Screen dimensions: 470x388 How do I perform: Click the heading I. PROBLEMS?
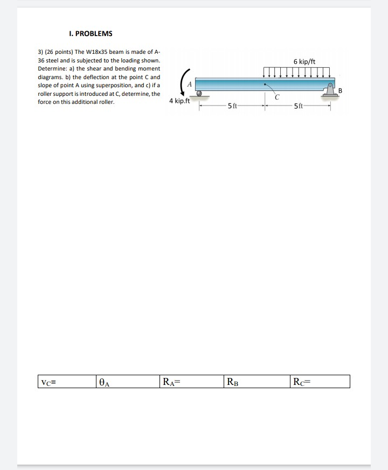click(91, 33)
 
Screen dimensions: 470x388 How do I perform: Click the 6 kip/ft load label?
click(304, 61)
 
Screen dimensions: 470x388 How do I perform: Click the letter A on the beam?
click(189, 84)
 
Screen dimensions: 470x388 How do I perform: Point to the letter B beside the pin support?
click(340, 90)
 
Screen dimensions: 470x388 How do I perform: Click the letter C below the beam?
click(276, 97)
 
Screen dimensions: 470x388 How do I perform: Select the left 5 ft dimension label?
click(232, 106)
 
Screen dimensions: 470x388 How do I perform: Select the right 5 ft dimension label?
click(299, 106)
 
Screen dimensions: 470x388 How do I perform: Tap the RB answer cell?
click(254, 382)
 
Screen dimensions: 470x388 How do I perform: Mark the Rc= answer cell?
click(319, 382)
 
